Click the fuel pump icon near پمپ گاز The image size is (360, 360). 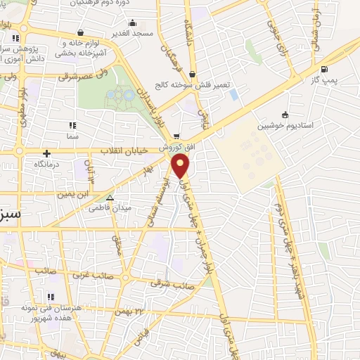click(x=323, y=69)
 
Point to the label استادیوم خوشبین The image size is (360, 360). click(x=283, y=127)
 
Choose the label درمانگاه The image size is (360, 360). click(x=48, y=165)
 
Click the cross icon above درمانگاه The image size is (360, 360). click(x=46, y=153)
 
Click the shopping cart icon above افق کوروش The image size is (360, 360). click(x=176, y=136)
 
